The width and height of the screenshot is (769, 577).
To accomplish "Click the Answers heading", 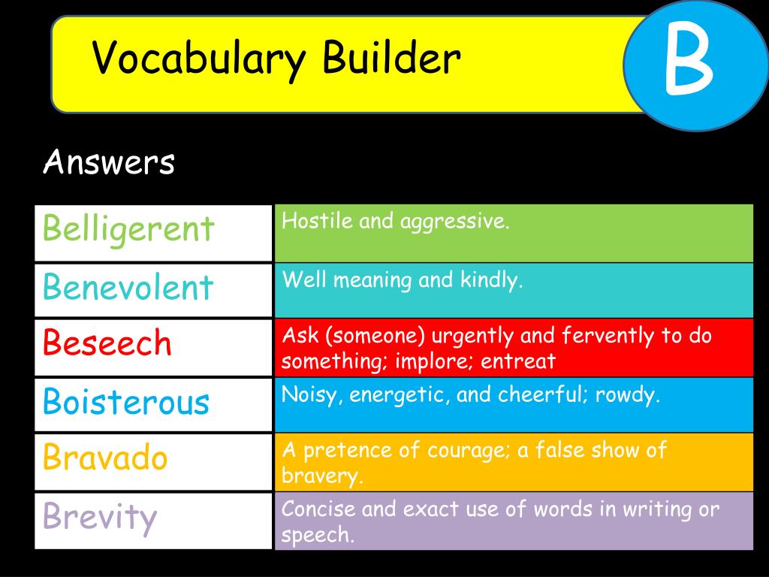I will coord(109,162).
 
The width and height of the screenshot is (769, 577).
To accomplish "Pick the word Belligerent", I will coord(128,229).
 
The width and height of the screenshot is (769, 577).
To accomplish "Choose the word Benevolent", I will coord(128,286).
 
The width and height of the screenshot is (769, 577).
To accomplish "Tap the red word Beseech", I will coord(107,343).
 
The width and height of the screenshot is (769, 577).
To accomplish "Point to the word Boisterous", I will coord(126,401).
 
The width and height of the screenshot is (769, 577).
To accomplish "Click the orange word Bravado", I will coord(105,457).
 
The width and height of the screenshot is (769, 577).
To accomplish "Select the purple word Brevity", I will coord(100,517).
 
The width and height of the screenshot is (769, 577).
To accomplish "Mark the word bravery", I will coord(322,476).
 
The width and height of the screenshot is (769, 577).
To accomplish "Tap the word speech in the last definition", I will coord(317,535).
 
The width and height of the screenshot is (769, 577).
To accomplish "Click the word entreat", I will coord(518,362).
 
